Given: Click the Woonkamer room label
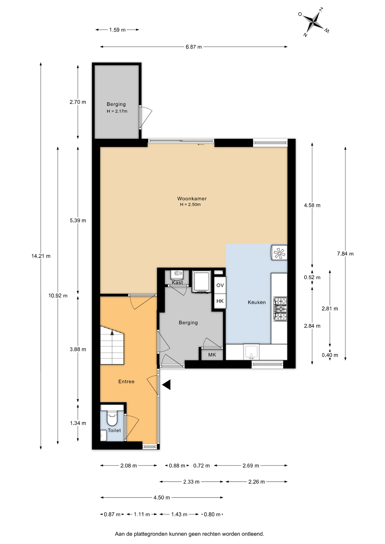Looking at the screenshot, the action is [x=192, y=199].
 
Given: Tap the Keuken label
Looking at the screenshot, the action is [x=257, y=302].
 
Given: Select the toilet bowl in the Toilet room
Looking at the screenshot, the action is [x=112, y=418].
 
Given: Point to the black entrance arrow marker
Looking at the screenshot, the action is [x=166, y=384].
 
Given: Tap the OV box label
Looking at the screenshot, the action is [x=220, y=285].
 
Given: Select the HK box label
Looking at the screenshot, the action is [x=220, y=301].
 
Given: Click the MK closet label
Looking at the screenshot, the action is [x=212, y=355].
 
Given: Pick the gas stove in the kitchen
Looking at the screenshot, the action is [x=280, y=309].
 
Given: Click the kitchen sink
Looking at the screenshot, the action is [x=251, y=352].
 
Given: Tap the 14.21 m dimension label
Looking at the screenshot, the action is [x=41, y=256].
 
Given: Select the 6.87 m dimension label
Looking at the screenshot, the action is [x=194, y=47].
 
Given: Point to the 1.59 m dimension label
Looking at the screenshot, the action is [x=117, y=30].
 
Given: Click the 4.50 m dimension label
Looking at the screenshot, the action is [x=162, y=498].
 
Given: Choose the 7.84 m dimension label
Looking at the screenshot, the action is [x=345, y=254].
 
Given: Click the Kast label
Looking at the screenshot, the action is [x=177, y=282].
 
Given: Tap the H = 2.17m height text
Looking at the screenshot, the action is [x=117, y=111].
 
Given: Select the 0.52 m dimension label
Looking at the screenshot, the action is [x=312, y=277].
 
